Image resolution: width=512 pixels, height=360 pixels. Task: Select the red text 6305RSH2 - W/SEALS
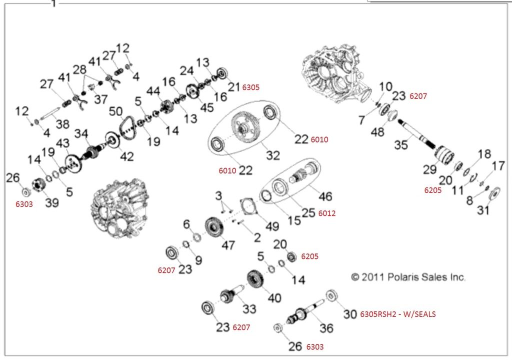[x=398, y=314]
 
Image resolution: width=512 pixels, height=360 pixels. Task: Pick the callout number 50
[x=115, y=110]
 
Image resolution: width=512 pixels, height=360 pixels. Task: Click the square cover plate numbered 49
[x=248, y=206]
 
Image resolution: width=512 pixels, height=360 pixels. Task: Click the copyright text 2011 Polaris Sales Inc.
[x=408, y=277]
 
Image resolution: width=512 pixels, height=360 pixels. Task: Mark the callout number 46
[x=325, y=196]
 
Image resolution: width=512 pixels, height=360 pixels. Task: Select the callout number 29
[x=429, y=169]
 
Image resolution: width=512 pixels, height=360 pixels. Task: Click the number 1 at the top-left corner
[x=54, y=3]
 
